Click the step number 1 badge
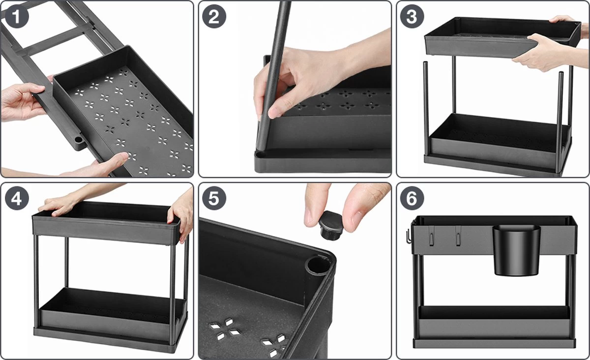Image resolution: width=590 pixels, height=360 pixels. click(x=17, y=16)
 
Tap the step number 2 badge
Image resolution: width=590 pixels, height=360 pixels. click(x=214, y=16)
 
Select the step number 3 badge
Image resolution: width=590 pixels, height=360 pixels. click(x=412, y=16)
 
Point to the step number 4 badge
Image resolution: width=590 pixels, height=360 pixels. click(x=17, y=198)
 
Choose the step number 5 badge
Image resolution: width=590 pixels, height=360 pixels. click(x=214, y=198)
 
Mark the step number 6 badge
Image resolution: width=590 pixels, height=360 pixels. click(x=412, y=198)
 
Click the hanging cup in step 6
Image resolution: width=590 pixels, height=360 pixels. click(x=517, y=250)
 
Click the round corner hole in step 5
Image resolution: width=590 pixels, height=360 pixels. click(x=317, y=267)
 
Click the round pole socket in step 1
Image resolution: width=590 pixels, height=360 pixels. click(x=78, y=140)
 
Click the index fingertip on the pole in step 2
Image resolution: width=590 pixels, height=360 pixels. click(x=274, y=112)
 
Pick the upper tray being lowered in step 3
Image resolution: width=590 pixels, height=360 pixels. click(x=502, y=36)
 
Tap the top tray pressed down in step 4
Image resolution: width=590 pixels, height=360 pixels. click(x=106, y=221)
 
